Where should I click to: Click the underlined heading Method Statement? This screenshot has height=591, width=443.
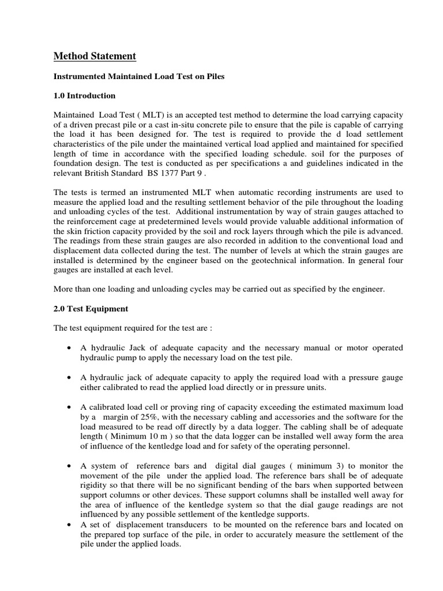95,56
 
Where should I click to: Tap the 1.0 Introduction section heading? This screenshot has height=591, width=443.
84,95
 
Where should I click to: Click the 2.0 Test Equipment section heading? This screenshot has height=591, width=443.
91,309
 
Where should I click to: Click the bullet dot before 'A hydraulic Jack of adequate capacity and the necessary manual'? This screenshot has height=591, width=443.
69,348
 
